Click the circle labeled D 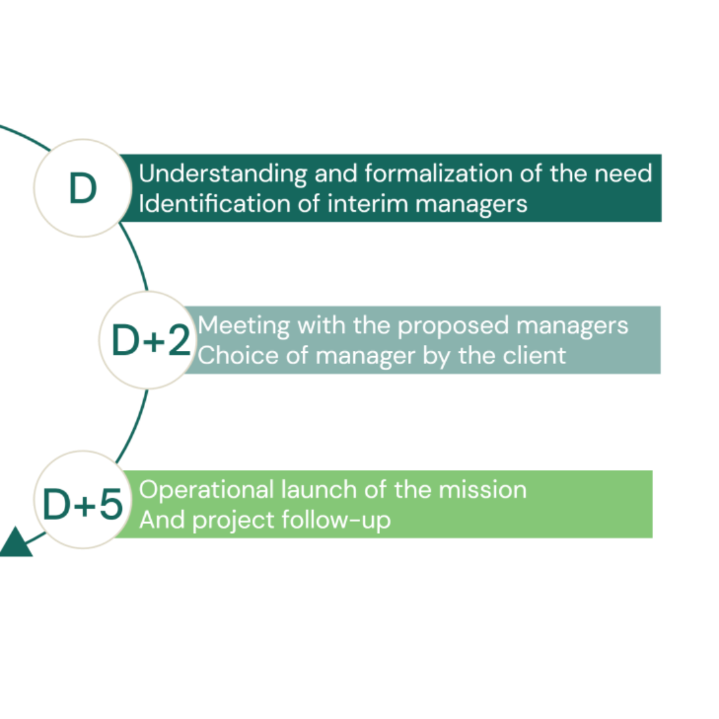pyautogui.click(x=82, y=188)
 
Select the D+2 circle pyautogui.click(x=148, y=340)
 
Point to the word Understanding pyautogui.click(x=222, y=174)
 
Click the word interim pyautogui.click(x=367, y=204)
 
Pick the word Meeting pyautogui.click(x=244, y=326)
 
